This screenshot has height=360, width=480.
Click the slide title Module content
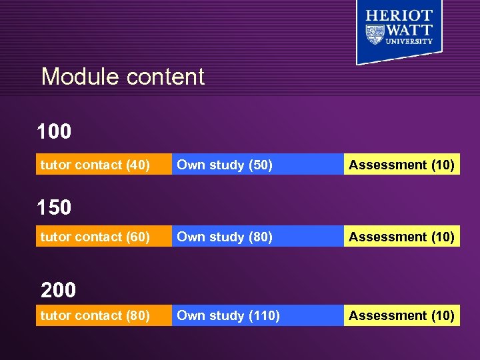pyautogui.click(x=123, y=77)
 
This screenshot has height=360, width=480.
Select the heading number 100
pyautogui.click(x=54, y=132)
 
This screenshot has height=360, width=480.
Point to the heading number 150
pyautogui.click(x=54, y=207)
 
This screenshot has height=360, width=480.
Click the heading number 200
pyautogui.click(x=59, y=290)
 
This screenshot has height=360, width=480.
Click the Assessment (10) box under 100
pyautogui.click(x=401, y=165)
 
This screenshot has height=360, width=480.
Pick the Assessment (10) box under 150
pyautogui.click(x=401, y=237)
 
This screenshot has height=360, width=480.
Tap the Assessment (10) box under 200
pyautogui.click(x=401, y=315)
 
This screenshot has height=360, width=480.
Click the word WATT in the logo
pyautogui.click(x=410, y=30)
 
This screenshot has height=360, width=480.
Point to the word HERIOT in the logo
pyautogui.click(x=399, y=15)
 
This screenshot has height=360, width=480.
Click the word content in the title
pyautogui.click(x=165, y=77)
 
